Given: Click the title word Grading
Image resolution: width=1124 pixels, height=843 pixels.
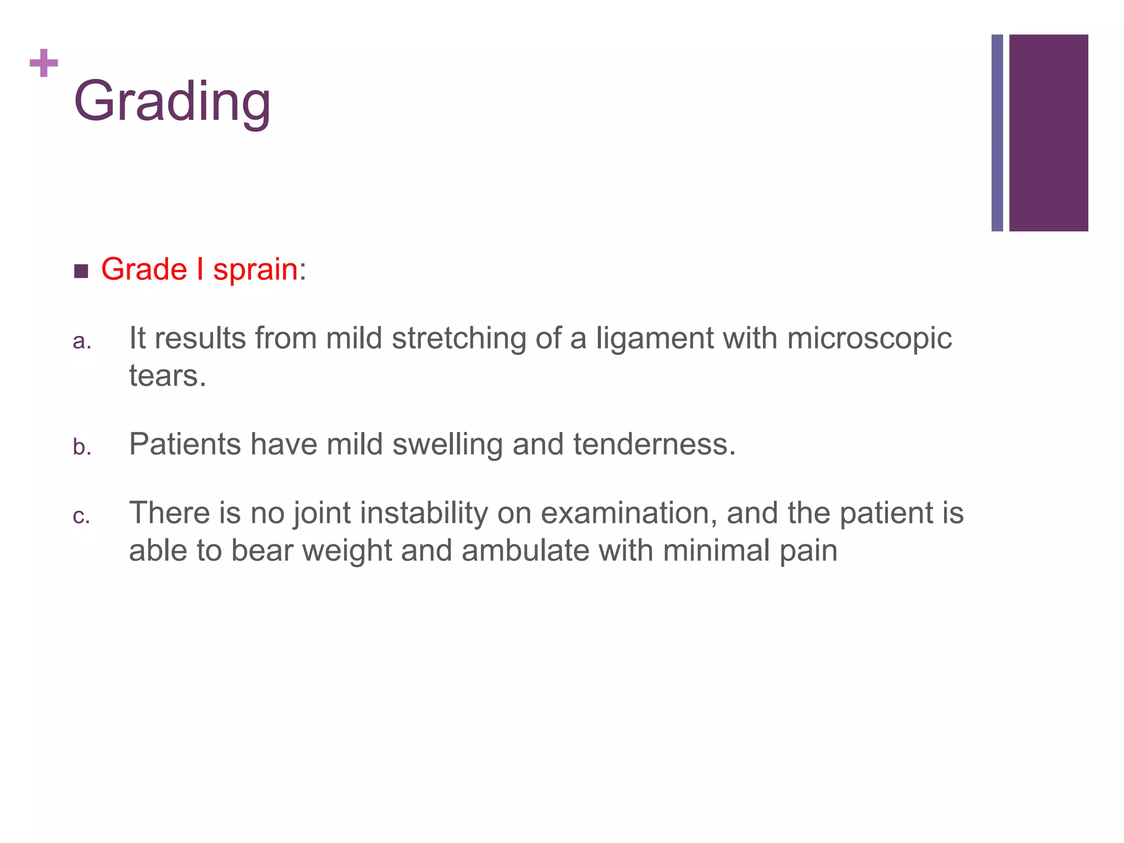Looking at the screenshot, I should point(172,102).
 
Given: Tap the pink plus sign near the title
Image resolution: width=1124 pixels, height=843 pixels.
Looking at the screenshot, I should point(44,63).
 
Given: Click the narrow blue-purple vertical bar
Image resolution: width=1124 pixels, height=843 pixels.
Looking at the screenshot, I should point(997,133).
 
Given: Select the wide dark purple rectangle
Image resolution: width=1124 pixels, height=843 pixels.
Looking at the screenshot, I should point(1048,133).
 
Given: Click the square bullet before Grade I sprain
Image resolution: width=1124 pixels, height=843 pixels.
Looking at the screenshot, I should point(81,271).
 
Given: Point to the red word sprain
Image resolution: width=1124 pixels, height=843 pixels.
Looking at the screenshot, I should point(255,270).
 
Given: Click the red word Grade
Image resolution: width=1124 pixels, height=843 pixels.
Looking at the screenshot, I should point(144,269).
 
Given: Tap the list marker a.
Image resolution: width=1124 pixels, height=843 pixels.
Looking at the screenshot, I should point(81,341).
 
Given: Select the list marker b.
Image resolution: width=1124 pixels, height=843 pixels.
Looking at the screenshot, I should point(82,447).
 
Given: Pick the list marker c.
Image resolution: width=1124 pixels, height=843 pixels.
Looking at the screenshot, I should point(81,516).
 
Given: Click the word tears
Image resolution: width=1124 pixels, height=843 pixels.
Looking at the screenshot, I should point(167,376).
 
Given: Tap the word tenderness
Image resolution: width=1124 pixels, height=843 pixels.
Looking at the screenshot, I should point(654,445).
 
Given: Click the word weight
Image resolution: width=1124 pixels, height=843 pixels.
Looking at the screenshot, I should point(347,552).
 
